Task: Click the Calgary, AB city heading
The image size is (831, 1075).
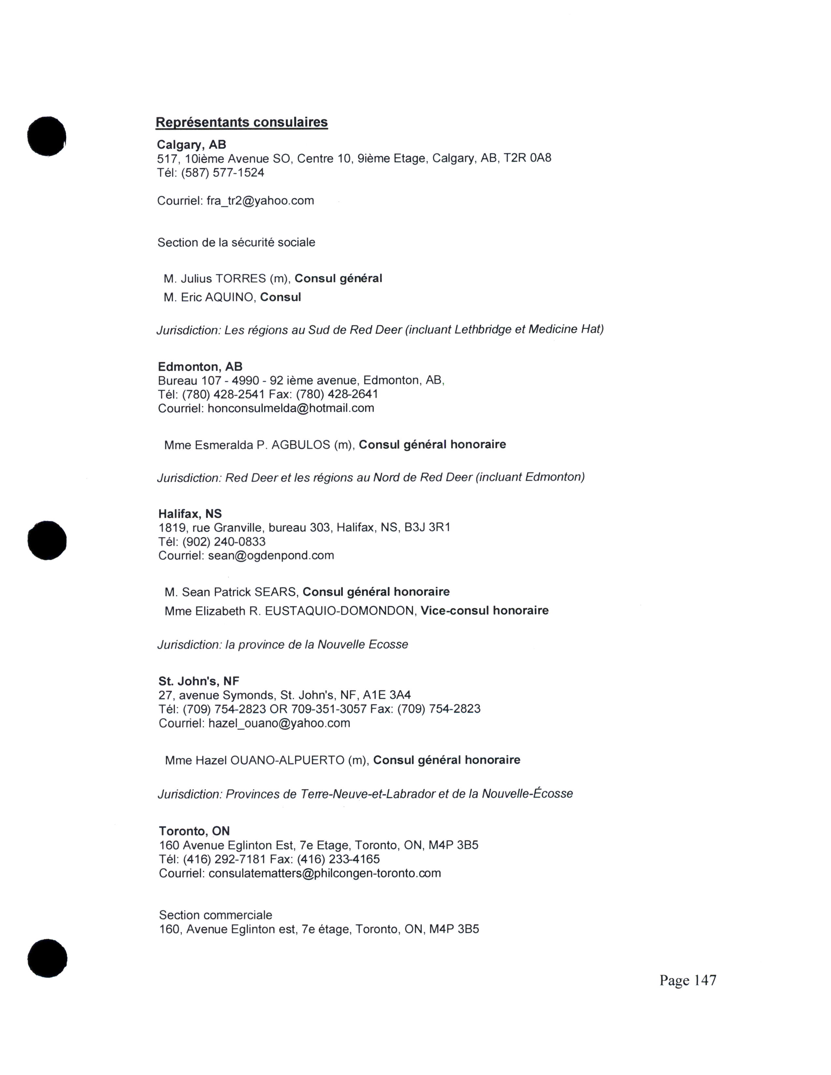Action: tap(192, 145)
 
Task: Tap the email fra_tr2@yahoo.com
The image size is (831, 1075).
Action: tap(260, 201)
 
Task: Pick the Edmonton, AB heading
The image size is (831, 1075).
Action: tap(200, 367)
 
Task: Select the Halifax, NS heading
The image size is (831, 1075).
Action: tap(190, 514)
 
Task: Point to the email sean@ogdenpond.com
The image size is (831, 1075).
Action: tap(271, 556)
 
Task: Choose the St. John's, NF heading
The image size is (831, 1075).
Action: tap(198, 681)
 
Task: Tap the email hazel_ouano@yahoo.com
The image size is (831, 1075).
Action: tap(279, 723)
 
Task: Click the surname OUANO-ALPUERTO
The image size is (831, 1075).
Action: tap(287, 760)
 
